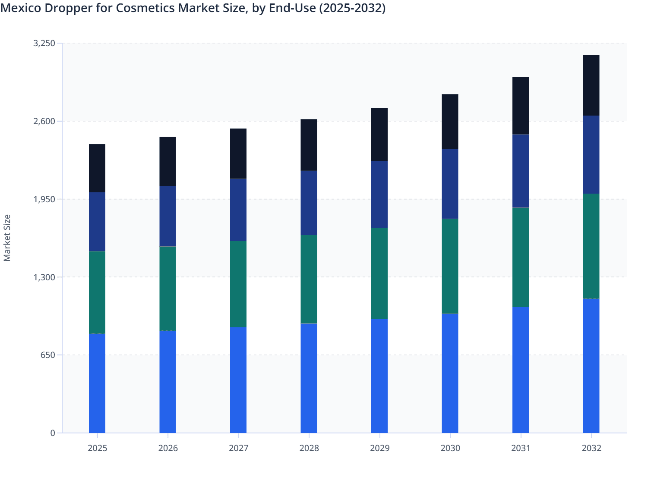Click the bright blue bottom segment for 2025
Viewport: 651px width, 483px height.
click(97, 383)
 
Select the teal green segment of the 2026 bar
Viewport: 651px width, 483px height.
click(167, 288)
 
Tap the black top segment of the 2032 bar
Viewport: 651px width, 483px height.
click(591, 85)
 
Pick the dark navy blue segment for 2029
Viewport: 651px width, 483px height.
click(379, 194)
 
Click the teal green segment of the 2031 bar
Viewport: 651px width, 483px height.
click(521, 257)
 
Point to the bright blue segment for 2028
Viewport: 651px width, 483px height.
click(309, 378)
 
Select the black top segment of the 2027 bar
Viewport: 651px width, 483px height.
click(238, 154)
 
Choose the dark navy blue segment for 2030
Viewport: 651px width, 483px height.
click(450, 184)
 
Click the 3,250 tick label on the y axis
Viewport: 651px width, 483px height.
click(44, 43)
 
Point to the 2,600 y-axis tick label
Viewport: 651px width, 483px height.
click(44, 121)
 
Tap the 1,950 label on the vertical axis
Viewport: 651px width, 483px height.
click(44, 199)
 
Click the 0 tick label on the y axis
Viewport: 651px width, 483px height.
click(53, 433)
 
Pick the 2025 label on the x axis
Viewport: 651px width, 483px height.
click(97, 448)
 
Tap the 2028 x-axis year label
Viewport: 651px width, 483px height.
click(309, 448)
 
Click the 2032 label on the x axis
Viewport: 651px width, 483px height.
click(591, 448)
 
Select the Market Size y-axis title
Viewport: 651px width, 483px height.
click(7, 238)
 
